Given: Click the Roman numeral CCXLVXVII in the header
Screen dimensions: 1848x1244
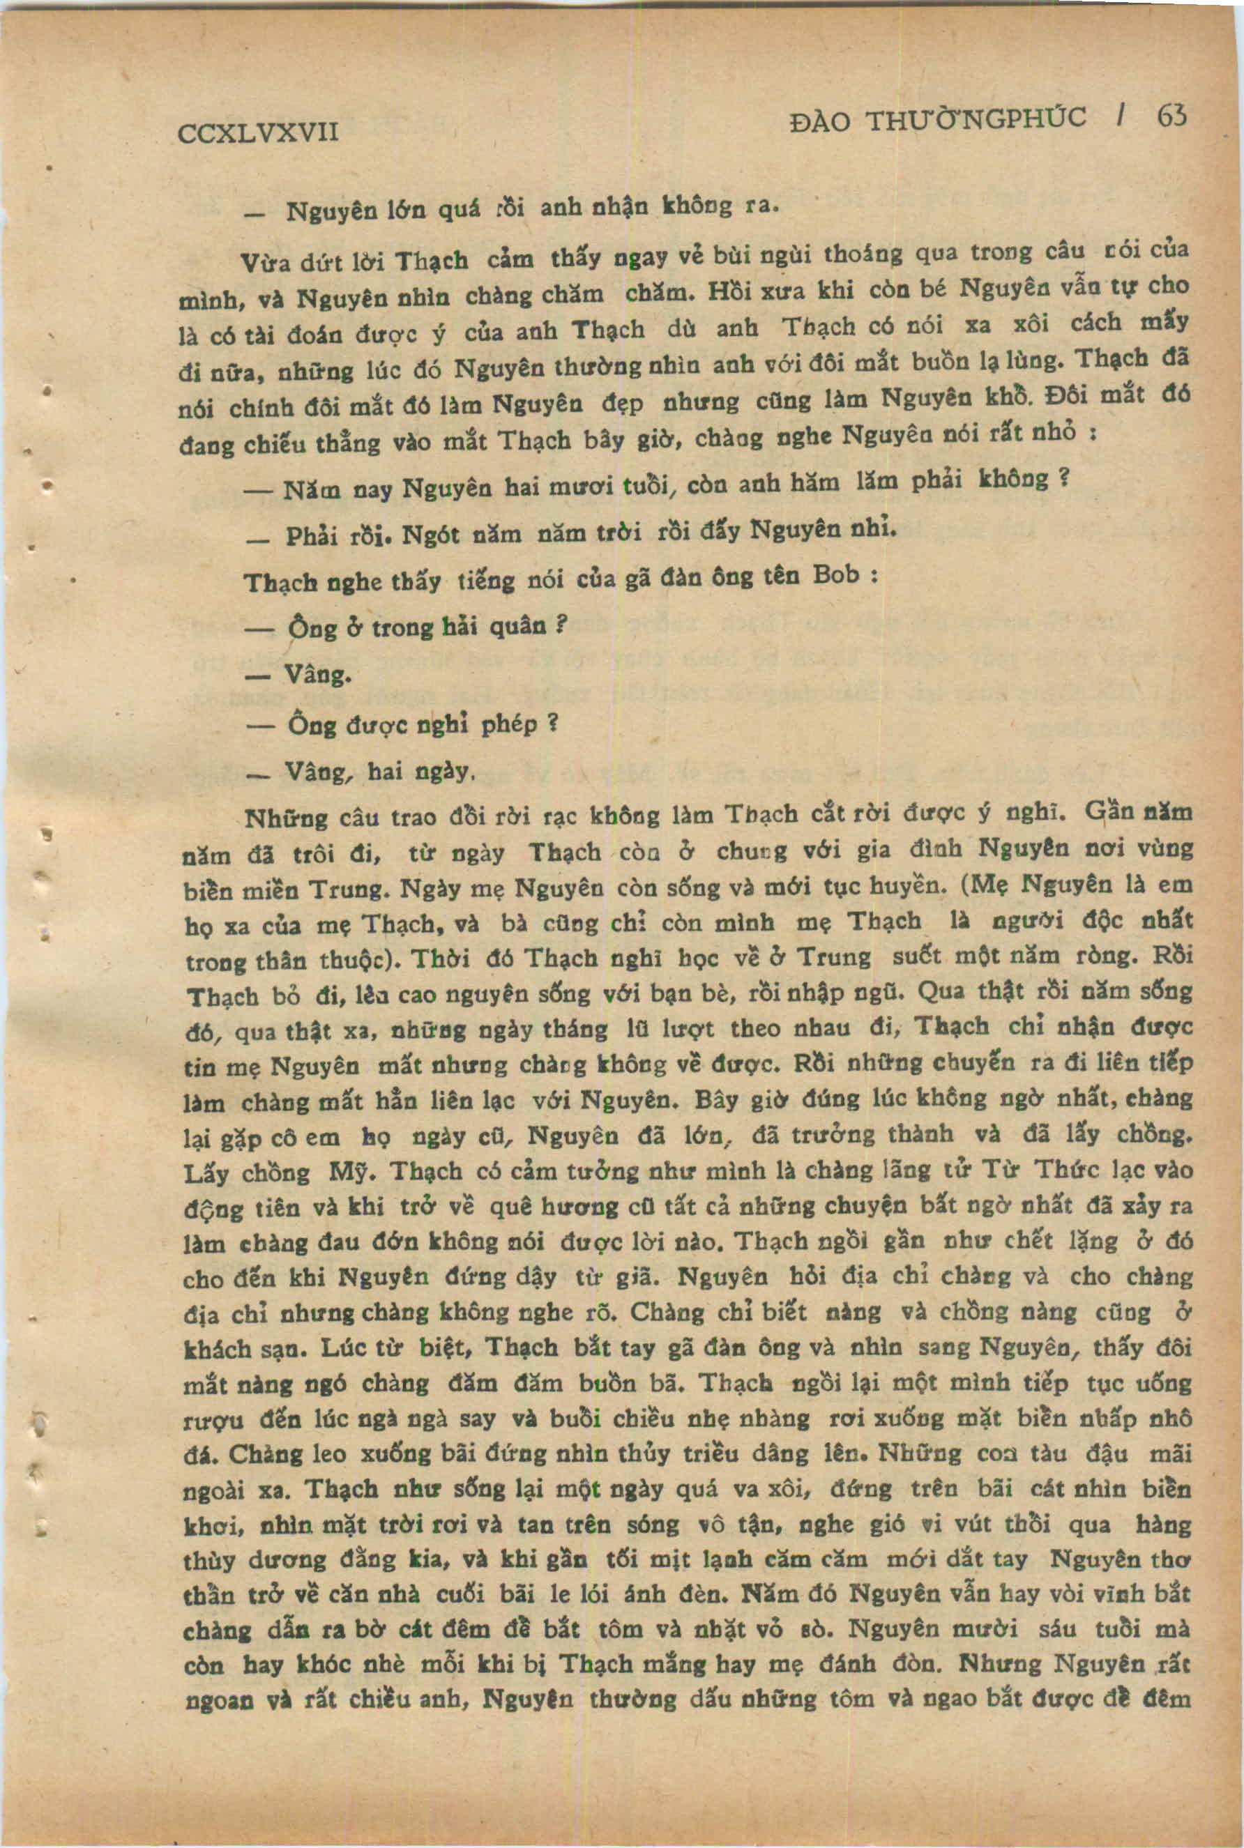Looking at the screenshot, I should point(258,131).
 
